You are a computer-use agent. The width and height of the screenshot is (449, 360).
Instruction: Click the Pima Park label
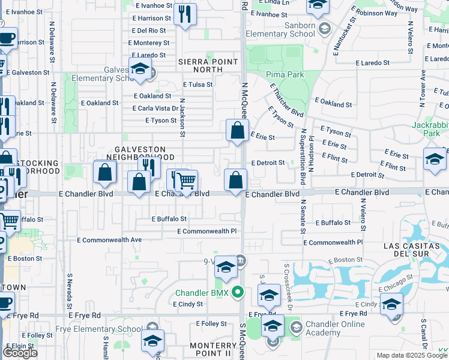point(286,74)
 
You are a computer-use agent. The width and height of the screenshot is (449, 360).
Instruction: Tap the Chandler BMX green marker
point(238,293)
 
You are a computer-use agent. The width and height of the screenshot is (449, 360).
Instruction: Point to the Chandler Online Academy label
point(335,329)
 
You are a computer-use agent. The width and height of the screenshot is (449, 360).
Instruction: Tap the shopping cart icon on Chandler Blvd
point(186,180)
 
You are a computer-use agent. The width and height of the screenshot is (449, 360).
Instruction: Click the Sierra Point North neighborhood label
point(208,65)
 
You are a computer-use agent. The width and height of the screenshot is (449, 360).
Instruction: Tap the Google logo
point(20,352)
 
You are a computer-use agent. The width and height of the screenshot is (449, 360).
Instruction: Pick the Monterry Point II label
point(213,350)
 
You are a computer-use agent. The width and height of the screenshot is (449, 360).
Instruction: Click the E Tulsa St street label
point(197,85)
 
